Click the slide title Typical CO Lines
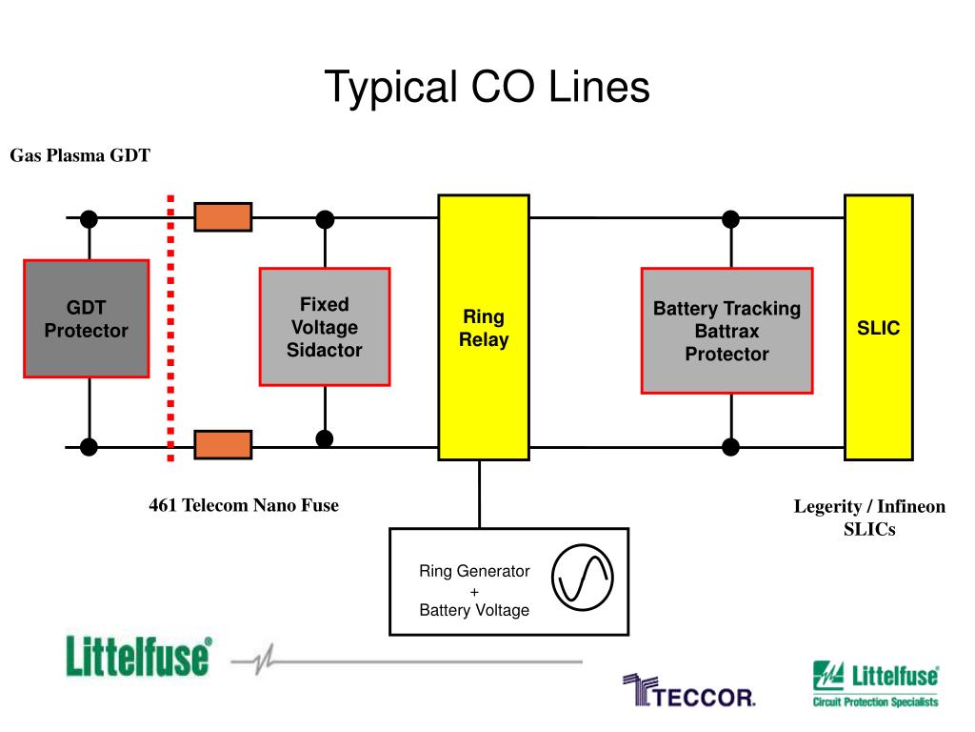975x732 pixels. click(x=487, y=88)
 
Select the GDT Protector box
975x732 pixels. click(x=86, y=318)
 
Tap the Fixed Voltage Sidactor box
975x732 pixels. click(x=325, y=327)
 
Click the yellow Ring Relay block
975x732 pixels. click(x=484, y=327)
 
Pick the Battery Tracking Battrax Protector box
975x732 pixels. click(x=726, y=331)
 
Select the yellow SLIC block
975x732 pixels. click(x=878, y=327)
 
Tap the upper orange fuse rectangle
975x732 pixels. click(x=223, y=217)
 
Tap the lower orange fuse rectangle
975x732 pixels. click(x=223, y=444)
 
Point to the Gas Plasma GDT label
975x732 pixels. click(x=80, y=155)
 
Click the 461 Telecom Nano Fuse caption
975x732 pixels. click(x=244, y=505)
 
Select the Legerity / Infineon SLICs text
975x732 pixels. click(x=869, y=518)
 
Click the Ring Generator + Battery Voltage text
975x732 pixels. click(x=474, y=591)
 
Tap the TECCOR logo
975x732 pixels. click(x=689, y=692)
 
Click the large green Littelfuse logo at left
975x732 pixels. click(x=139, y=657)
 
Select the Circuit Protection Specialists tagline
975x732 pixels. click(x=875, y=702)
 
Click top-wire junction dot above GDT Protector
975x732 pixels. click(x=89, y=219)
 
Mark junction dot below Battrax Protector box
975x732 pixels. click(x=730, y=446)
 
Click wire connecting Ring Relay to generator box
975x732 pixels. click(x=480, y=494)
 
